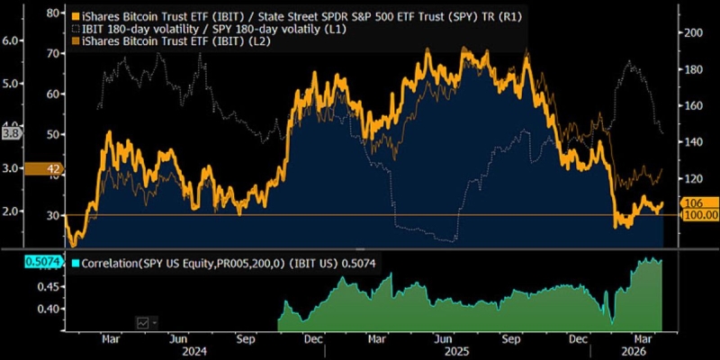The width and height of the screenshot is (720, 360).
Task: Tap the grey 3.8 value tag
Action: click(x=12, y=133)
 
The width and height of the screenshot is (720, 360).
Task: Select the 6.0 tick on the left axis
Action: click(x=13, y=40)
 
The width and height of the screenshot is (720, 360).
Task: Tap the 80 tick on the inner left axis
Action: click(x=51, y=14)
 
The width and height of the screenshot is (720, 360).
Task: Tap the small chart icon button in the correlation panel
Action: click(x=143, y=321)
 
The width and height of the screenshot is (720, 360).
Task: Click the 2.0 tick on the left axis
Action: click(x=13, y=211)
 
